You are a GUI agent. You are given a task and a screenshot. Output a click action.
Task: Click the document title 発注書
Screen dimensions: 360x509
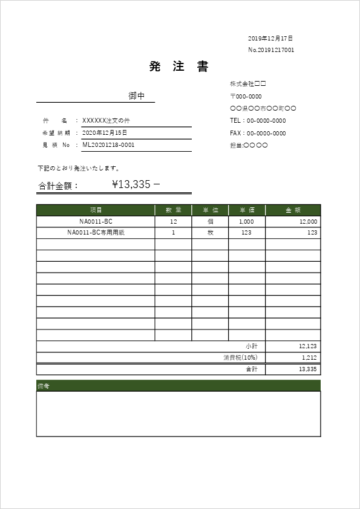(179, 67)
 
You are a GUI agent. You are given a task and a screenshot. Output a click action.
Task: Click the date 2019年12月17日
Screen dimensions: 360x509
(270, 38)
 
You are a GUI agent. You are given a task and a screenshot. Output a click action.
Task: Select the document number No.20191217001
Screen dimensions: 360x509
(271, 50)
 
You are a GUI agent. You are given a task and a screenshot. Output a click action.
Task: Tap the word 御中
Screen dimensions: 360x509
(137, 96)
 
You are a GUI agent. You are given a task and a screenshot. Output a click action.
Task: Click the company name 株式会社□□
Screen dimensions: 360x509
(248, 83)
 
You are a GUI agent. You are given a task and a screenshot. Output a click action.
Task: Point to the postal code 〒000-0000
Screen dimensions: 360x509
(246, 96)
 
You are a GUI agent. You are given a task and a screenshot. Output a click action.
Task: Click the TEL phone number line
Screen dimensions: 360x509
(258, 121)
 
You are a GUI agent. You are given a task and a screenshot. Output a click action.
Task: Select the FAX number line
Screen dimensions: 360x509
(258, 133)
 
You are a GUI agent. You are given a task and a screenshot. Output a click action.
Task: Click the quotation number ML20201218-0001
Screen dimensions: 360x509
(108, 145)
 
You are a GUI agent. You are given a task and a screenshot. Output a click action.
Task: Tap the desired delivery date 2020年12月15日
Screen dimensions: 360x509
(105, 132)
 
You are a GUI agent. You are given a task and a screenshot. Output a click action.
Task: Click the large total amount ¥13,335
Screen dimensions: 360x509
(131, 184)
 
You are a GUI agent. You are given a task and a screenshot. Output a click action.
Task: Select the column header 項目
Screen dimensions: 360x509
(96, 210)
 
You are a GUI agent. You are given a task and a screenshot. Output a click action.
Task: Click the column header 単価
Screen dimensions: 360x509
(247, 210)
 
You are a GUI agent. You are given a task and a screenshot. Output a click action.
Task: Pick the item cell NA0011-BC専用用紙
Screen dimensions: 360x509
(96, 233)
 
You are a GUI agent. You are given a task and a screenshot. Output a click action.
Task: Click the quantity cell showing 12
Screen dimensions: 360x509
(174, 222)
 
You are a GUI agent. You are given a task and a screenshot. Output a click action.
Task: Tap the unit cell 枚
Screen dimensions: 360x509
(210, 233)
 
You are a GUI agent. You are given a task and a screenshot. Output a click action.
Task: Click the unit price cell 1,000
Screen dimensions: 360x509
(247, 222)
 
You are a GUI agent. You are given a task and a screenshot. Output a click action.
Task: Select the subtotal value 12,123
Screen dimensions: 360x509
(308, 346)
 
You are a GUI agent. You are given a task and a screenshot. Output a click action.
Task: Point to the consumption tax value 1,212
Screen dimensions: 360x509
(309, 358)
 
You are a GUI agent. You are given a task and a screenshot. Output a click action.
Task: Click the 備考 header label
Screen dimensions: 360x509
(43, 386)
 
